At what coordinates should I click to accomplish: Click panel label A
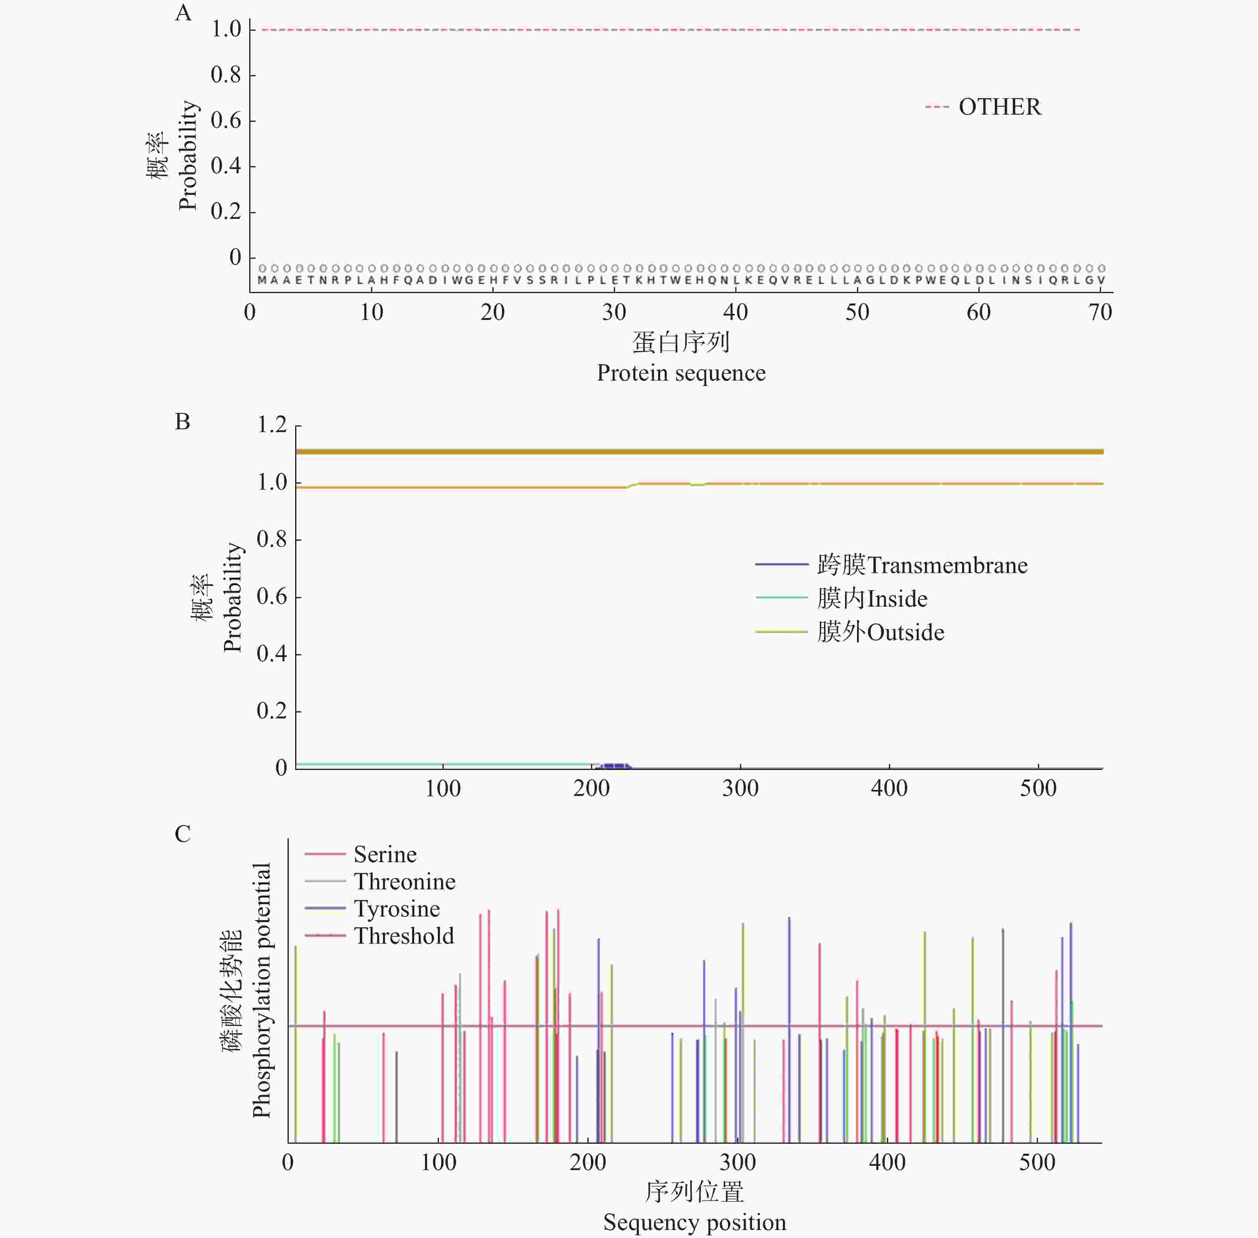point(183,13)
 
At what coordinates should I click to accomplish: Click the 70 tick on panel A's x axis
point(1100,313)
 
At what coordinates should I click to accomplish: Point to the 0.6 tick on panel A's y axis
point(226,120)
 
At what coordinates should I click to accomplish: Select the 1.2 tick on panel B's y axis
point(272,425)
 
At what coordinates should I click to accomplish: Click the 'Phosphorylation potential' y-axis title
point(261,995)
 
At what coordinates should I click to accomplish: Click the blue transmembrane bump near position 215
point(614,766)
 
